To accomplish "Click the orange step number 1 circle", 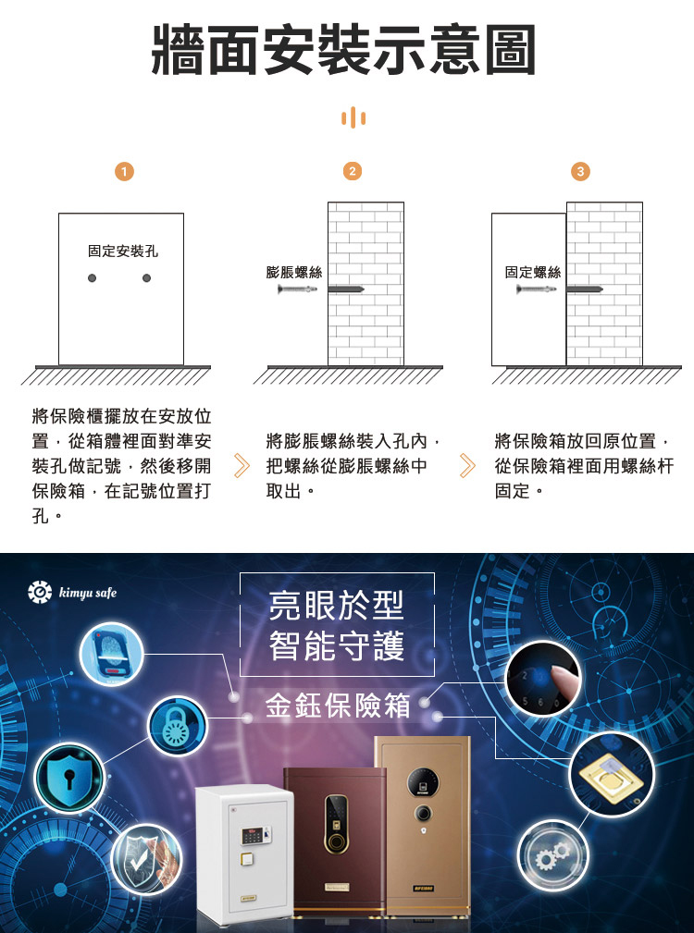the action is (124, 172).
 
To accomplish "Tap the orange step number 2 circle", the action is (353, 171).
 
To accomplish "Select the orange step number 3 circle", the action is (580, 172).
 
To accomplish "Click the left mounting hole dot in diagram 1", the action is (92, 278).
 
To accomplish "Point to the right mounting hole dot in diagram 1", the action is (146, 278).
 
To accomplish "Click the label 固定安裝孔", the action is (123, 252).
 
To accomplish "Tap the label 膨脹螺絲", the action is (294, 273).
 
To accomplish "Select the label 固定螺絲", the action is (533, 273).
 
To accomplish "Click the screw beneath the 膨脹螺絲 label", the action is (297, 289).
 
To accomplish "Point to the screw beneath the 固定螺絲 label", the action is (536, 289).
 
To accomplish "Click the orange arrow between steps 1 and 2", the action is (242, 466).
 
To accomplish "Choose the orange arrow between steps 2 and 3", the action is (468, 466).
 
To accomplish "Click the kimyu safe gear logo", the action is (40, 592).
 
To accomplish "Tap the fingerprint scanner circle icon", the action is (111, 654).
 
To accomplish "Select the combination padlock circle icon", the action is (178, 727).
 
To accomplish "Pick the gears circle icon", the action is (552, 855).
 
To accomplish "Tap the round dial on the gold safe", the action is (423, 814).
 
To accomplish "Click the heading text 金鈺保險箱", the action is (338, 706).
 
